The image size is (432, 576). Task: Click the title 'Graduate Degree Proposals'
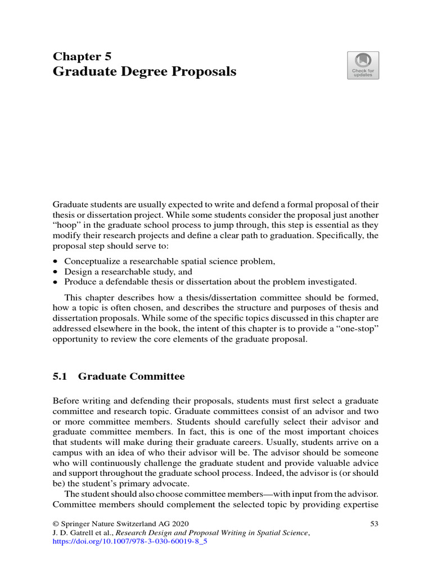[x=144, y=72]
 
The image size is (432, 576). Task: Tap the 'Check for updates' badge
[x=363, y=65]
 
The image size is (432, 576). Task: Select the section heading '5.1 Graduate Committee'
[x=118, y=376]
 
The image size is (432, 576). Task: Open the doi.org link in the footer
[x=126, y=543]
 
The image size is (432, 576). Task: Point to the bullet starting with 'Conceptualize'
[x=169, y=261]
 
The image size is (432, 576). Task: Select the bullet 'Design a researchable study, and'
[x=128, y=271]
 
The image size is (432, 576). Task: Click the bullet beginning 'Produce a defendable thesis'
[x=210, y=281]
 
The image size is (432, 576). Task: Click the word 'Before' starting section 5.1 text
[x=65, y=402]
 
